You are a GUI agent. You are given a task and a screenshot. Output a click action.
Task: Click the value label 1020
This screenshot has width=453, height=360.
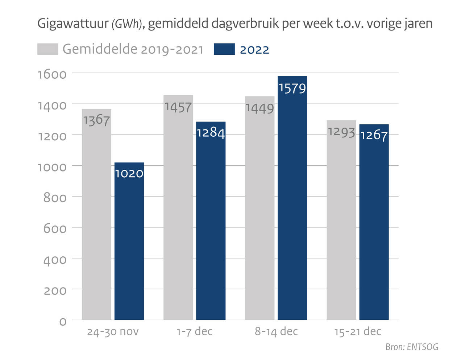(x=129, y=174)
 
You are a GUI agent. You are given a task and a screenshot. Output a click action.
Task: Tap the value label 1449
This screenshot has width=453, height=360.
(x=259, y=108)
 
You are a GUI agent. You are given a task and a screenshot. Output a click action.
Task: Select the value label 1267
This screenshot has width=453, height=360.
(x=374, y=135)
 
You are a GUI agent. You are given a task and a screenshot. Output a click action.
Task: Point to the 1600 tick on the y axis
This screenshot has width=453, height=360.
(x=52, y=74)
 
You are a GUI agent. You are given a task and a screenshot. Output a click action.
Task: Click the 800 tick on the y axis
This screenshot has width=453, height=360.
(x=55, y=198)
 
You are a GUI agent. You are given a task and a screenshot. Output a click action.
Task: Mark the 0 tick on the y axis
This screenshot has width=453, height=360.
(x=63, y=322)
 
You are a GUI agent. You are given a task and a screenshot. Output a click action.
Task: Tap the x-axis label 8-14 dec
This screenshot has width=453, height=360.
(x=276, y=331)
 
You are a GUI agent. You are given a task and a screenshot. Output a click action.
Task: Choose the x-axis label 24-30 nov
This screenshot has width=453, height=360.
(x=113, y=332)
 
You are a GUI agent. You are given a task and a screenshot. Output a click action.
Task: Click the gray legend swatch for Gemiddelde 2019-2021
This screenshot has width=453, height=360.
(x=47, y=49)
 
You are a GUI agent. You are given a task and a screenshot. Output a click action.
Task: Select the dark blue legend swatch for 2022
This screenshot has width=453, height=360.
(x=224, y=49)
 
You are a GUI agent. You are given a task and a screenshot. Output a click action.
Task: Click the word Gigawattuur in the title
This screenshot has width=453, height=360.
(x=73, y=24)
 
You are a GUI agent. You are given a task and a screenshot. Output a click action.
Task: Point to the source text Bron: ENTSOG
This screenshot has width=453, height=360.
(x=412, y=347)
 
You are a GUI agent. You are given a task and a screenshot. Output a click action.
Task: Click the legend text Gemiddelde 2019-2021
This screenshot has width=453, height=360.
(x=133, y=49)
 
